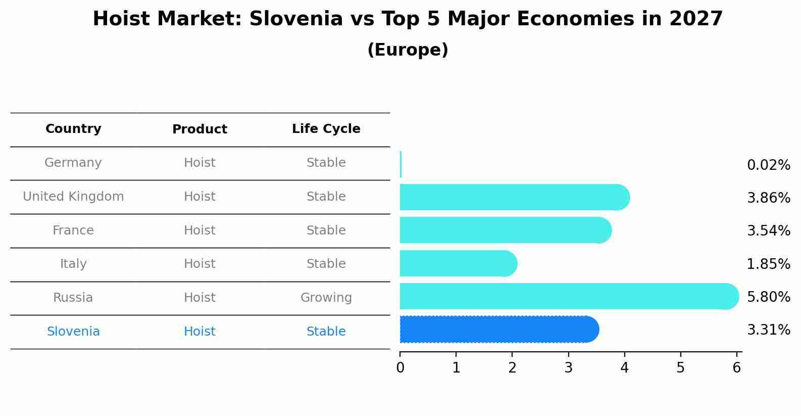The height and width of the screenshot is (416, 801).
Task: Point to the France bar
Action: [x=505, y=230]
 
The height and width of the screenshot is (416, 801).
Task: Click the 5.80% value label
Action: [x=768, y=297]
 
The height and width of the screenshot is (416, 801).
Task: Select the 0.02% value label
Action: [x=768, y=165]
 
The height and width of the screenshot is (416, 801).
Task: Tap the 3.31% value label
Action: [x=768, y=330]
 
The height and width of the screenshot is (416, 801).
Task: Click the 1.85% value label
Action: [x=768, y=264]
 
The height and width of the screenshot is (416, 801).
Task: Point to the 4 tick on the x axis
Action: [x=625, y=367]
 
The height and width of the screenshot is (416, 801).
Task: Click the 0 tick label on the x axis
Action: [x=400, y=367]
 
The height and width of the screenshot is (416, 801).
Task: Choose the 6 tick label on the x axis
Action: [x=737, y=367]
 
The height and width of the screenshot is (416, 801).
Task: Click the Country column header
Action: [x=73, y=129]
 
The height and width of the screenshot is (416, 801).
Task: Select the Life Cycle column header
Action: [x=326, y=129]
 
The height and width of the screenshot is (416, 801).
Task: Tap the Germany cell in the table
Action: [x=73, y=163]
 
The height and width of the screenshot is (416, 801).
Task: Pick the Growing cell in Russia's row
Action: [x=326, y=298]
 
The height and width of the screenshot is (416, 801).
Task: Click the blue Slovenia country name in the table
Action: [x=73, y=332]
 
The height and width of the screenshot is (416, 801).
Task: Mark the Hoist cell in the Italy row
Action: [x=199, y=264]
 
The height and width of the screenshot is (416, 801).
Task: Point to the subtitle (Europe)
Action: [x=408, y=50]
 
